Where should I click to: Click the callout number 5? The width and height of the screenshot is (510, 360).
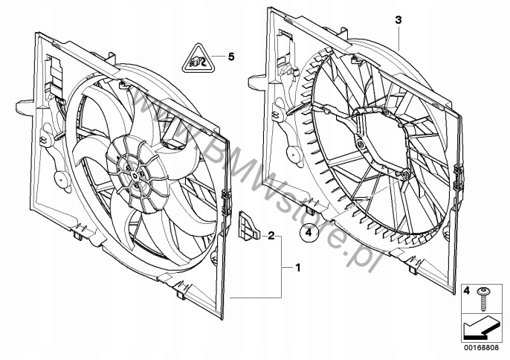(230, 56)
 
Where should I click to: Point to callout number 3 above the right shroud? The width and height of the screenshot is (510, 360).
(398, 22)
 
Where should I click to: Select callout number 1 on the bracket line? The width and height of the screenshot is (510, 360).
(298, 266)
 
